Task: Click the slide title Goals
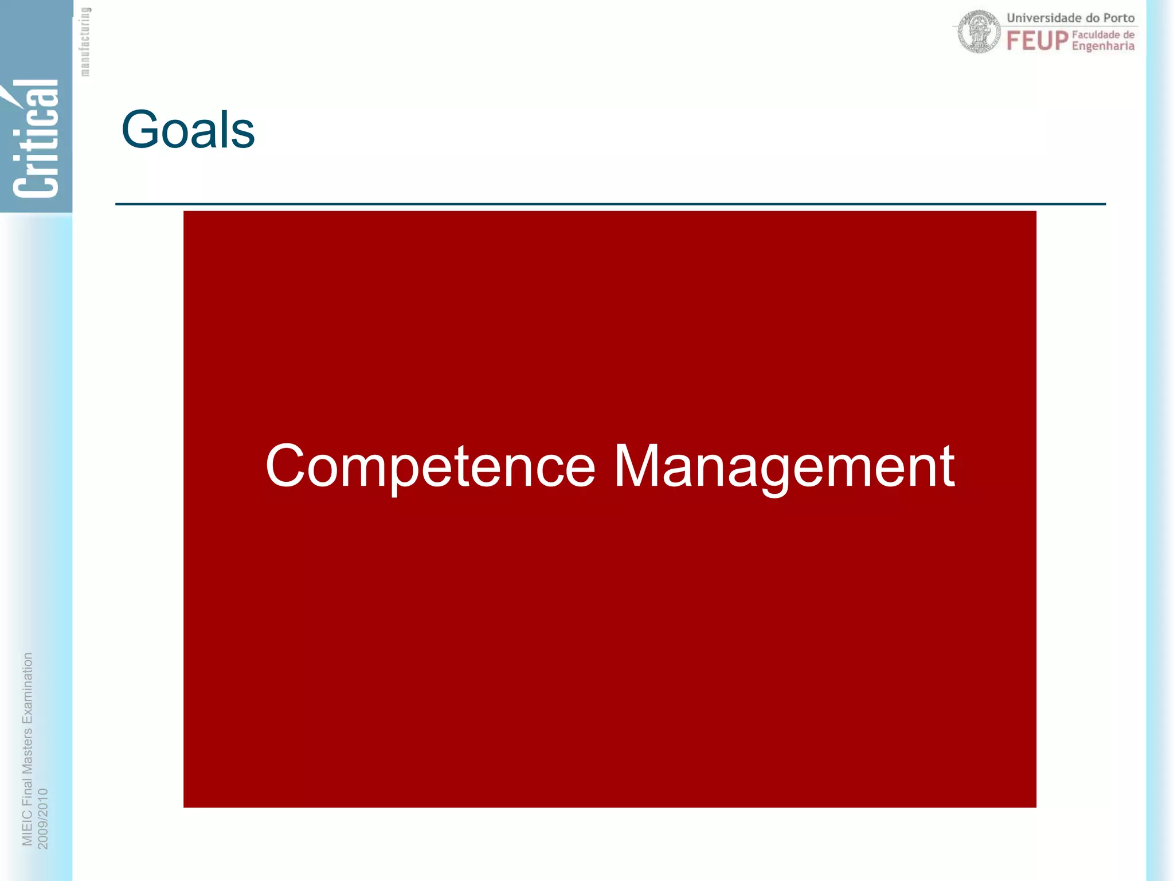(188, 130)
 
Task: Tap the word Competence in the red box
(430, 466)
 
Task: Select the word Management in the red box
(784, 466)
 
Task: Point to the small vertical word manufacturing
(85, 41)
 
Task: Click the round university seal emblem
(979, 32)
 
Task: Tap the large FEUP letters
(1037, 41)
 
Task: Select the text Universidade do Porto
(1070, 18)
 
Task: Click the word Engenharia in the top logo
(1103, 46)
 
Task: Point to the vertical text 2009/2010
(43, 818)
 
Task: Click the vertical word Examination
(27, 688)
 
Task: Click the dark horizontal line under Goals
(610, 204)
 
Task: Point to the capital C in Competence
(285, 466)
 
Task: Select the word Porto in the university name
(1118, 18)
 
